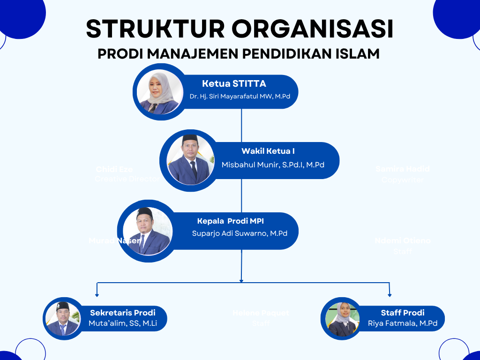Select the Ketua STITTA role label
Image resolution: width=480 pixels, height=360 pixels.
[234, 84]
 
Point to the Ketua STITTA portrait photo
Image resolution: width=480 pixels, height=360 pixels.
[158, 92]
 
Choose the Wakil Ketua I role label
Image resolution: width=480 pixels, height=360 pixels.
[268, 151]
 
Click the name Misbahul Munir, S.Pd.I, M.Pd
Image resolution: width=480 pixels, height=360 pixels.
[273, 165]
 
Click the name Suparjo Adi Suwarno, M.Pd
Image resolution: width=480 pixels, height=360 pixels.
[240, 233]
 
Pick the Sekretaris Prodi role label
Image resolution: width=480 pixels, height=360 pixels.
[122, 313]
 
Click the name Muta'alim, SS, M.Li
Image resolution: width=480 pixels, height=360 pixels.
[122, 323]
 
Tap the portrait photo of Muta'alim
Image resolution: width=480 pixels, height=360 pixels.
[63, 318]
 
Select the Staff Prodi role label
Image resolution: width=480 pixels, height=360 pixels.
[403, 313]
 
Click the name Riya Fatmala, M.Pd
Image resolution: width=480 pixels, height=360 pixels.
[403, 323]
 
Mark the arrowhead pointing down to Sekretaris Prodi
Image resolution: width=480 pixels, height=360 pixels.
[97, 295]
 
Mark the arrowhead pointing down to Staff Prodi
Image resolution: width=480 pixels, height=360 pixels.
[390, 295]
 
